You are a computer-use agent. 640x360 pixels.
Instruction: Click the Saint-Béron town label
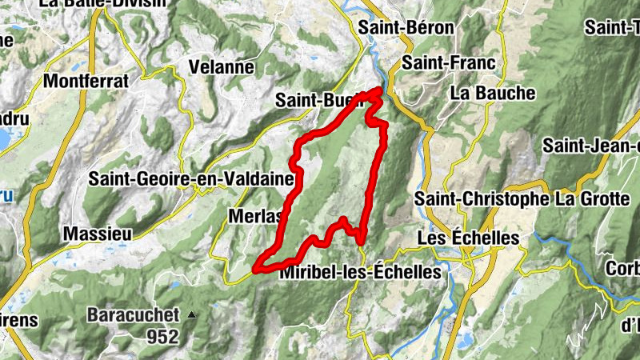pos(406,27)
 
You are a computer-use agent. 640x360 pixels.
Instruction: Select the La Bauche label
pos(493,93)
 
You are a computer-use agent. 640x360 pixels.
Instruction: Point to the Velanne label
pos(222,67)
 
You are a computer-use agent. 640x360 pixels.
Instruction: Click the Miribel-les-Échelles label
pos(361,272)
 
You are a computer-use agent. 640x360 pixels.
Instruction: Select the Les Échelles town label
pos(469,238)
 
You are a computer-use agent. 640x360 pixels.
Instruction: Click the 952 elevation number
pos(162,337)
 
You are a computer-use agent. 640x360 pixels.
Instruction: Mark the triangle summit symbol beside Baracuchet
pos(191,315)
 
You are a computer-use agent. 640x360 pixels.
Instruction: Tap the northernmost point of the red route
pos(380,89)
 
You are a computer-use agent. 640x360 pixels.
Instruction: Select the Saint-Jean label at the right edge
pos(592,146)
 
